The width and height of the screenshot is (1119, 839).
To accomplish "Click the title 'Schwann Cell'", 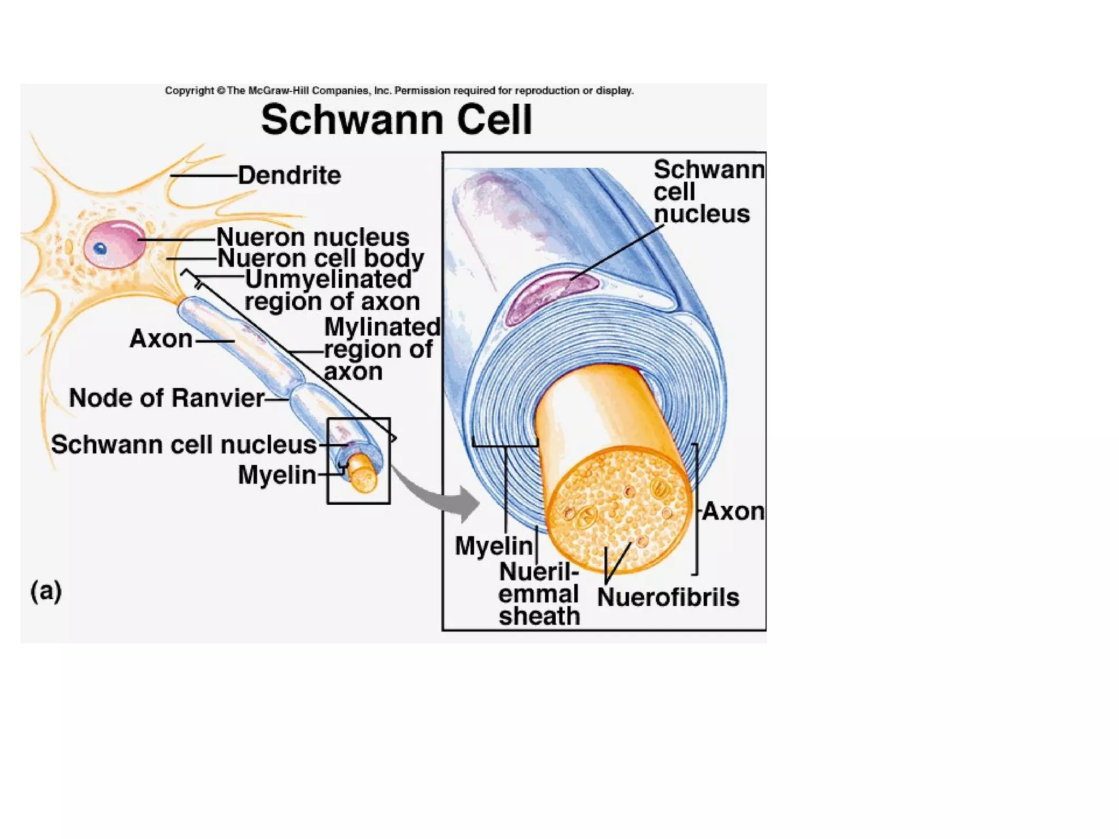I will click(396, 120).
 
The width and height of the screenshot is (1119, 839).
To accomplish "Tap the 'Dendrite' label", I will click(289, 175).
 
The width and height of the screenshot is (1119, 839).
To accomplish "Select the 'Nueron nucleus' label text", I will click(313, 237).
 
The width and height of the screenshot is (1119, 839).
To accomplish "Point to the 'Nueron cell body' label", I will click(321, 258).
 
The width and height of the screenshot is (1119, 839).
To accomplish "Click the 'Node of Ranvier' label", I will click(167, 398).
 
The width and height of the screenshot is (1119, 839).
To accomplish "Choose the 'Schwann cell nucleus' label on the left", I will click(184, 445).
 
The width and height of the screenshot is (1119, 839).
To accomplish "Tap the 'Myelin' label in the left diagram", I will click(277, 475).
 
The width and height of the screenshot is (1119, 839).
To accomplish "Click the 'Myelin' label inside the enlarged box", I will click(493, 546).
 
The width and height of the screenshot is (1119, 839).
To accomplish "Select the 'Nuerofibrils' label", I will click(668, 597).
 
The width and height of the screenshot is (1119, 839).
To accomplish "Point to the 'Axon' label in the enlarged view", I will click(733, 511).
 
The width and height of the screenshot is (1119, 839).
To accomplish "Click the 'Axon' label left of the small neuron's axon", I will click(161, 339).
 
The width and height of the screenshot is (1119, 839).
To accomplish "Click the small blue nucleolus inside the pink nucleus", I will click(100, 249).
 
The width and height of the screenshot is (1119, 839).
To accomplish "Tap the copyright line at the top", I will click(399, 91).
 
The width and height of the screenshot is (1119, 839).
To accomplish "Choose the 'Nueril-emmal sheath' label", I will click(539, 594).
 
